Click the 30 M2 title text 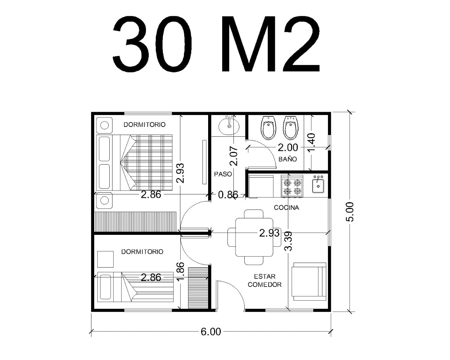(x=216, y=44)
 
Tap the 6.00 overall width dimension (x=211, y=332)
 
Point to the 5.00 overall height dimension (x=350, y=212)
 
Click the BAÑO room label (x=288, y=159)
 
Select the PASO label (x=223, y=174)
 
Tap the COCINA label (x=287, y=208)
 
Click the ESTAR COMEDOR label (x=265, y=281)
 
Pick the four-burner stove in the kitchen (x=292, y=186)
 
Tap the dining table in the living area (x=254, y=237)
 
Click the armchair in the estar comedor (x=309, y=282)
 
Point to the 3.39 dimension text (x=288, y=241)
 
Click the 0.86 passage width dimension (x=228, y=195)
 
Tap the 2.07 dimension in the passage (x=234, y=156)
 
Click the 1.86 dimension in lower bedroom (x=180, y=271)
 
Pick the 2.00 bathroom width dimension (x=288, y=148)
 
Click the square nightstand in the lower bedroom (x=105, y=259)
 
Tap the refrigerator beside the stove (x=261, y=186)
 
